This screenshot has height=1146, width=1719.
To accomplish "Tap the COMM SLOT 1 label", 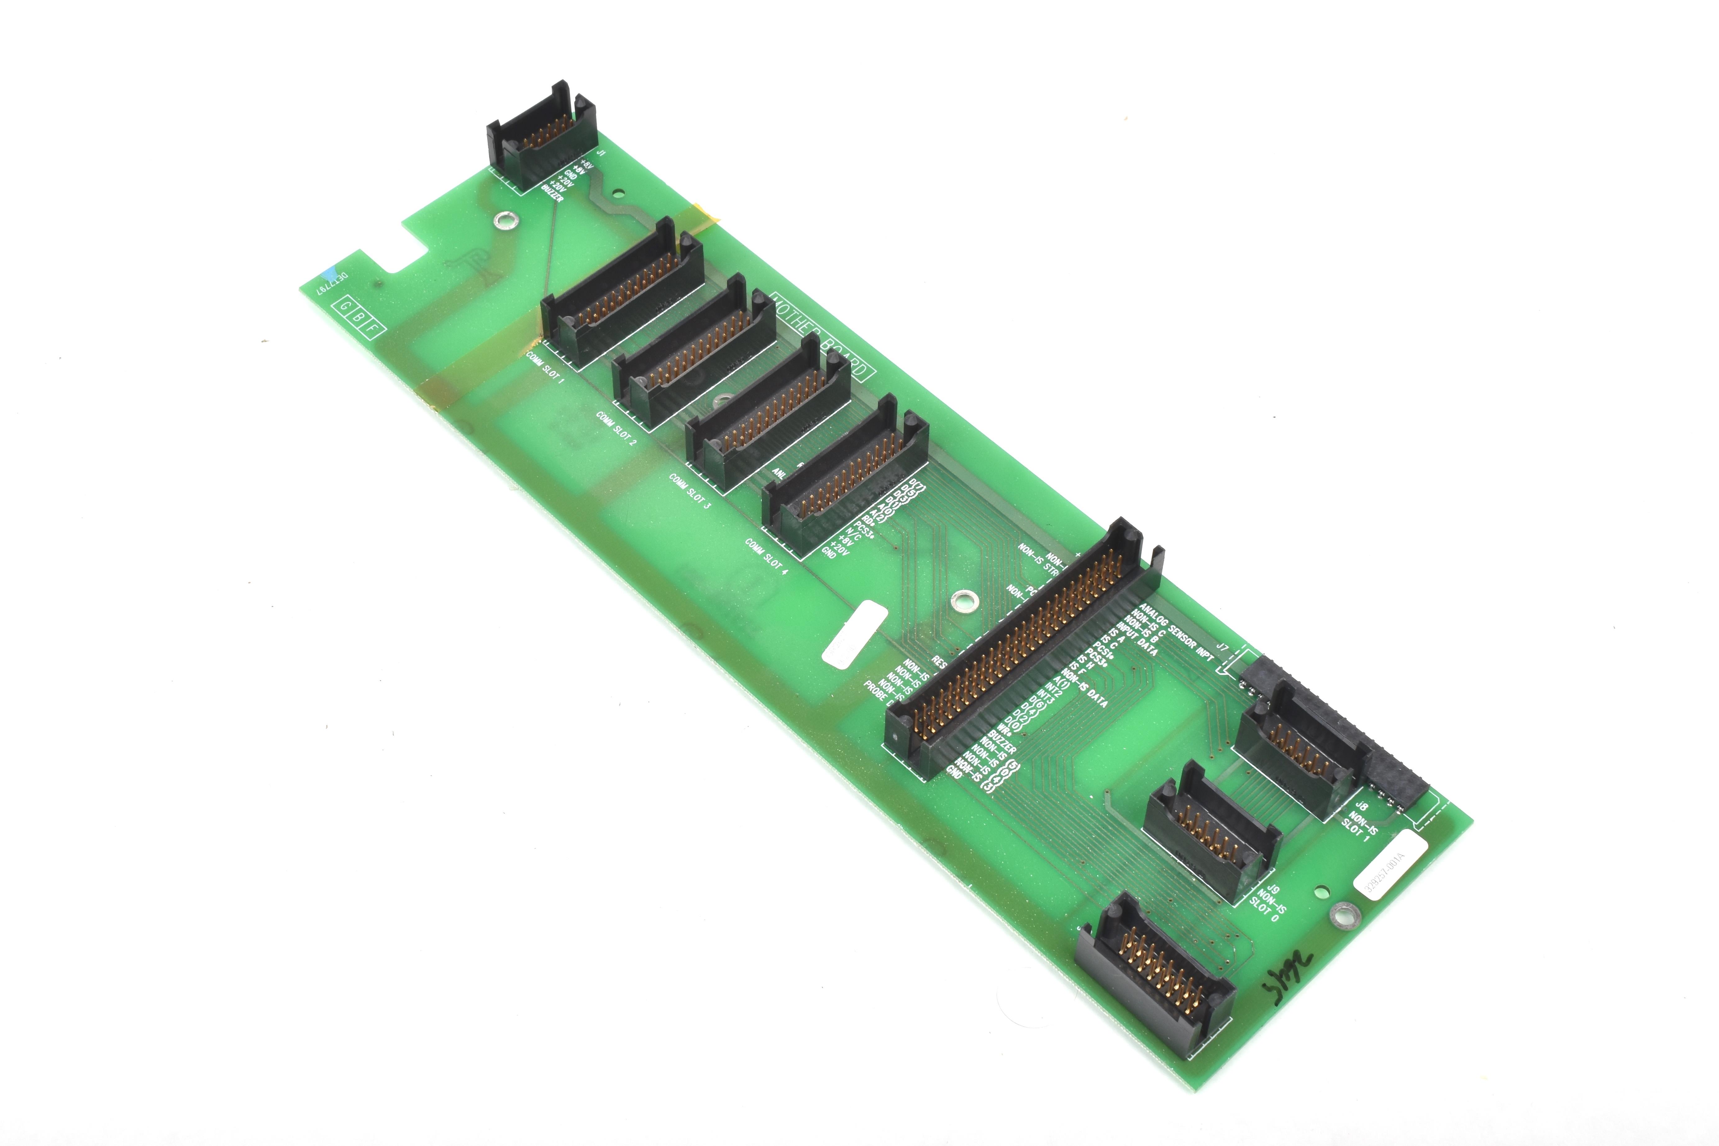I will coord(545,367).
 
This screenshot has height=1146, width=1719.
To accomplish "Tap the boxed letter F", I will coord(373,328).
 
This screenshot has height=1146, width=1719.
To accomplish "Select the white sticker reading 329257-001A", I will coord(1391,862).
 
